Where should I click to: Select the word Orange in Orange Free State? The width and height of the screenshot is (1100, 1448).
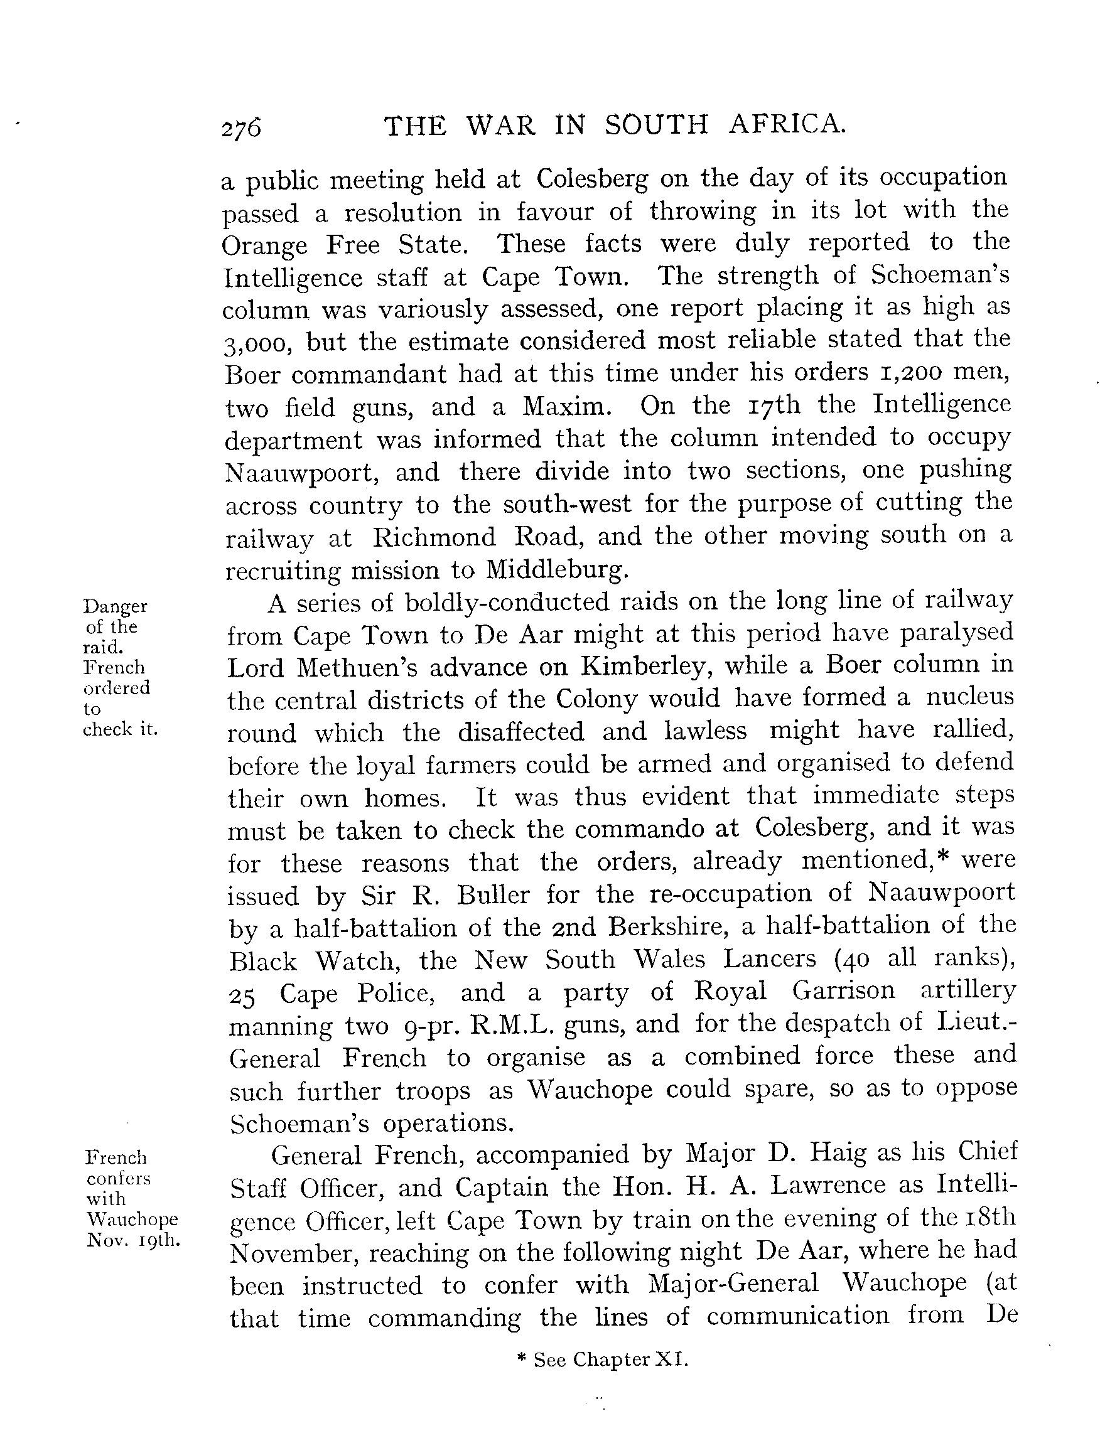click(264, 246)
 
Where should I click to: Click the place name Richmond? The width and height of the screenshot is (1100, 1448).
click(434, 537)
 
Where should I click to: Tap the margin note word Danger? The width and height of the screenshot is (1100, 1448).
click(116, 606)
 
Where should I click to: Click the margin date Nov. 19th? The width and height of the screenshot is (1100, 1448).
click(133, 1240)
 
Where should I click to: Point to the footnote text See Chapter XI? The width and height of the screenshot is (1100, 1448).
click(610, 1360)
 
